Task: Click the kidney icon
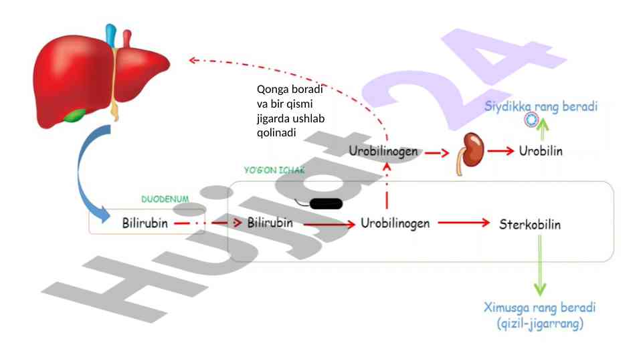click(474, 151)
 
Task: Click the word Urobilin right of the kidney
click(541, 151)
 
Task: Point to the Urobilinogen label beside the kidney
click(383, 151)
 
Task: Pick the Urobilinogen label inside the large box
click(395, 223)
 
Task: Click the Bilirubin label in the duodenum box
click(145, 223)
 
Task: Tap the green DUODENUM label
click(165, 199)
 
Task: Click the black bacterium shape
click(326, 204)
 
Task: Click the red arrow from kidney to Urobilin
click(501, 151)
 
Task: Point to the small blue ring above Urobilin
click(531, 120)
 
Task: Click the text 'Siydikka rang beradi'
click(540, 106)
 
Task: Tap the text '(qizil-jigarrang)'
click(540, 325)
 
